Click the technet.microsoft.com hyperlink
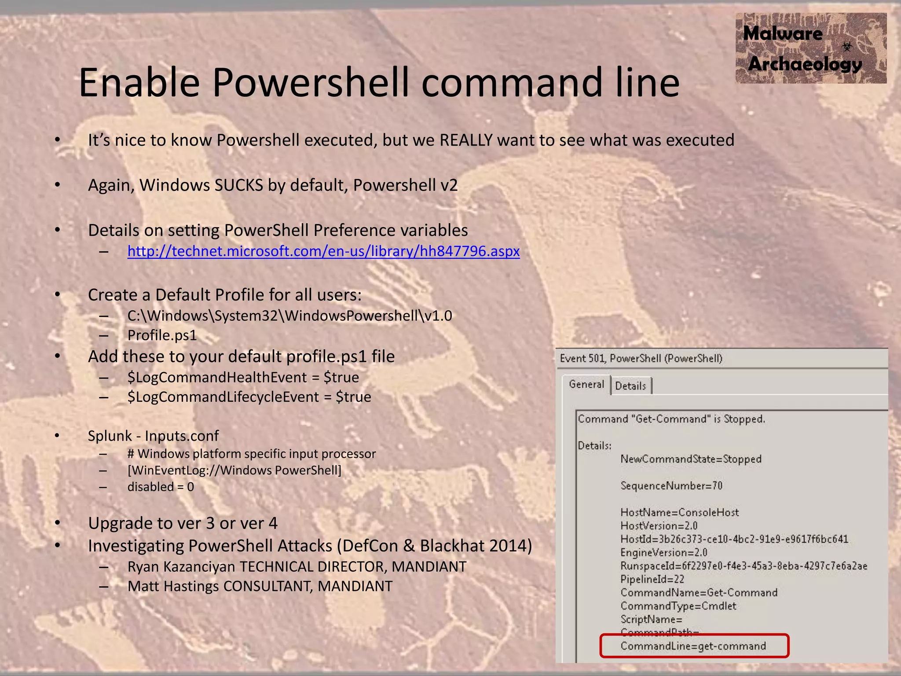click(323, 251)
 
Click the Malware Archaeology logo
click(810, 48)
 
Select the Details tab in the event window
click(630, 386)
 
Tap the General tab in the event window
click(586, 385)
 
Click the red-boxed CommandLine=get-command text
click(693, 646)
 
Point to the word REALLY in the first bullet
click(466, 140)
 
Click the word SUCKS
click(238, 185)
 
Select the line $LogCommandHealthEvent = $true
click(243, 378)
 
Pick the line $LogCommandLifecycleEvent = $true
click(249, 397)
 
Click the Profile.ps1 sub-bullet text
click(162, 335)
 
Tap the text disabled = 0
click(161, 487)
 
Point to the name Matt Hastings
click(173, 587)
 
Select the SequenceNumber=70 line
click(671, 486)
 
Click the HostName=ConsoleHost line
click(679, 512)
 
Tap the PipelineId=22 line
click(652, 579)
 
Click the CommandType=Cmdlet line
click(678, 606)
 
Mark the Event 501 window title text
click(641, 359)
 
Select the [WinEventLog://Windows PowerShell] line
click(234, 470)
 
